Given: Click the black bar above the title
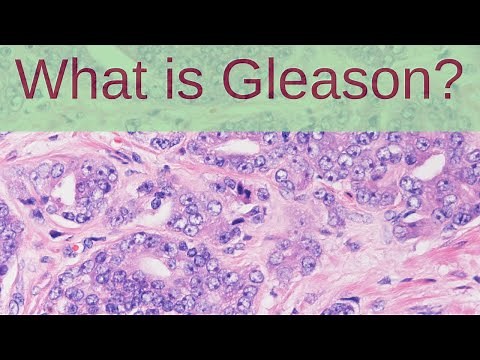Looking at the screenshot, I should tap(240, 22).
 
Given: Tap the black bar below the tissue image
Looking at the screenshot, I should tap(240, 337).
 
